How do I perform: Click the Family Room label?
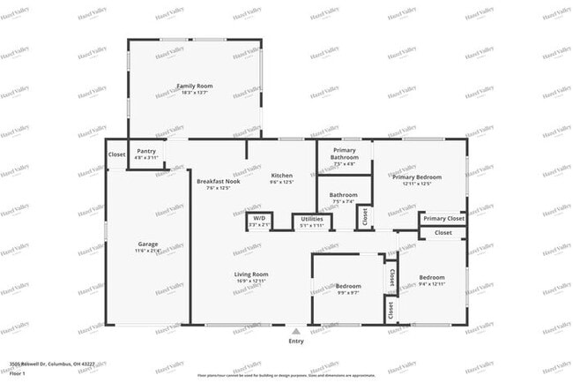click(195, 86)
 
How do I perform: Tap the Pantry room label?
click(146, 151)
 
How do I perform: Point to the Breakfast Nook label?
click(218, 181)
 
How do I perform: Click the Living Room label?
click(251, 274)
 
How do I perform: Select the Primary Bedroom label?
click(417, 176)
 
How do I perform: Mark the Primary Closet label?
click(443, 218)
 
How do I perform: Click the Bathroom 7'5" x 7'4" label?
click(344, 195)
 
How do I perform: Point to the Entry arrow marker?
click(295, 331)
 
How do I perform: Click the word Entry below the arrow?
click(296, 342)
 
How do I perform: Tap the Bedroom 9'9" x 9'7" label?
click(348, 287)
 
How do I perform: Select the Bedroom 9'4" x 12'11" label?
click(432, 278)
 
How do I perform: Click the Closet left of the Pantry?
click(116, 154)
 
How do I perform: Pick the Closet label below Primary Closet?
click(443, 233)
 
